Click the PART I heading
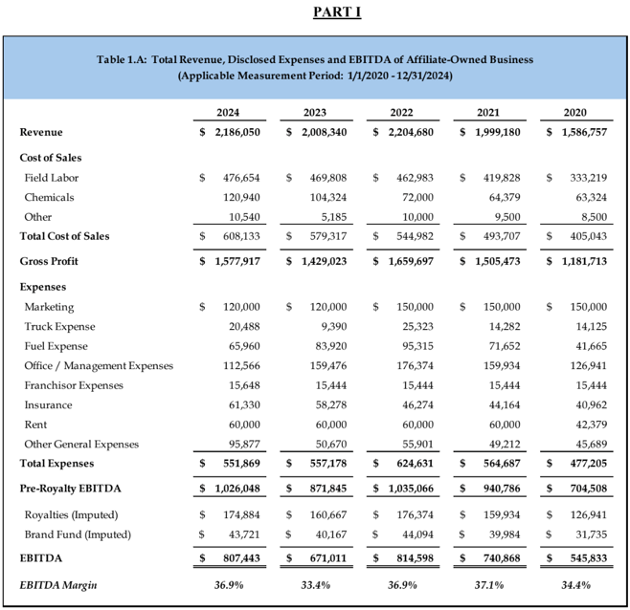pos(314,12)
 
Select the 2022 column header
pos(401,113)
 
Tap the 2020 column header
pos(575,113)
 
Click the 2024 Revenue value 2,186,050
pos(234,132)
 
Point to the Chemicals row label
pos(50,197)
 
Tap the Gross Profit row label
pos(51,260)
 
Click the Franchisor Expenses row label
pos(75,385)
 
